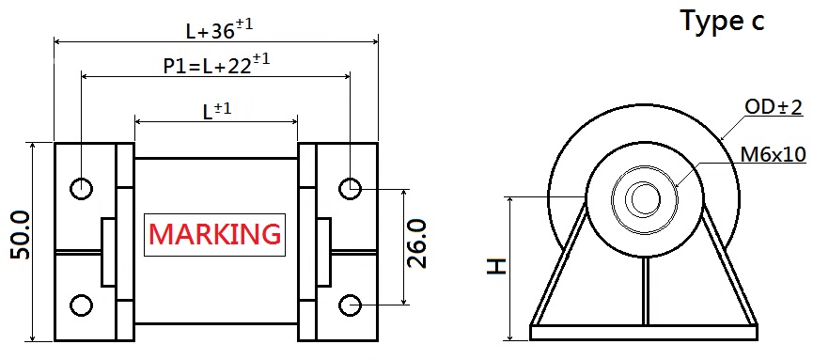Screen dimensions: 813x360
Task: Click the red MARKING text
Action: tap(214, 234)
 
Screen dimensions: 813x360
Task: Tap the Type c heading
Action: tap(722, 22)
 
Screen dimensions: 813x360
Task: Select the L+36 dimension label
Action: tap(219, 31)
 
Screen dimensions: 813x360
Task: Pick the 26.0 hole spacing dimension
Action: tap(417, 243)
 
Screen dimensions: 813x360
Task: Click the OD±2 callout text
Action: tap(774, 107)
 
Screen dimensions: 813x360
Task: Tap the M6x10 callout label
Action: tap(774, 154)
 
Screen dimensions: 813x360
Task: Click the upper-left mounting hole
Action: tap(82, 188)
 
